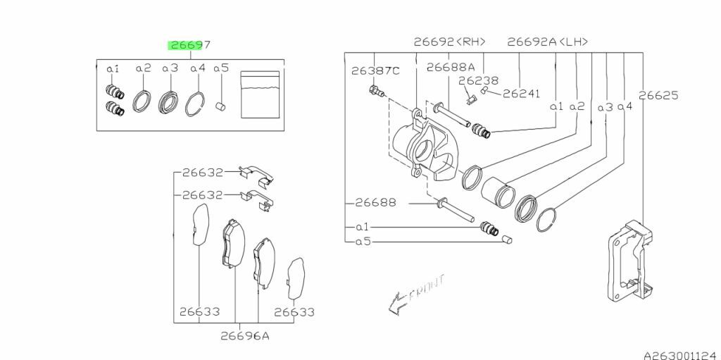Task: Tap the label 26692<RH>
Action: (450, 42)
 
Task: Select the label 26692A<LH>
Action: (548, 42)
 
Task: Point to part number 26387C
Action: (376, 71)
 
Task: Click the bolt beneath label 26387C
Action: (377, 91)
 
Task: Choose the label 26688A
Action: (451, 67)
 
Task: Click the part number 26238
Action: (478, 80)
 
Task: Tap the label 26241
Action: (521, 94)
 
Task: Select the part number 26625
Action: (658, 96)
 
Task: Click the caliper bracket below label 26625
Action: (630, 261)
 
